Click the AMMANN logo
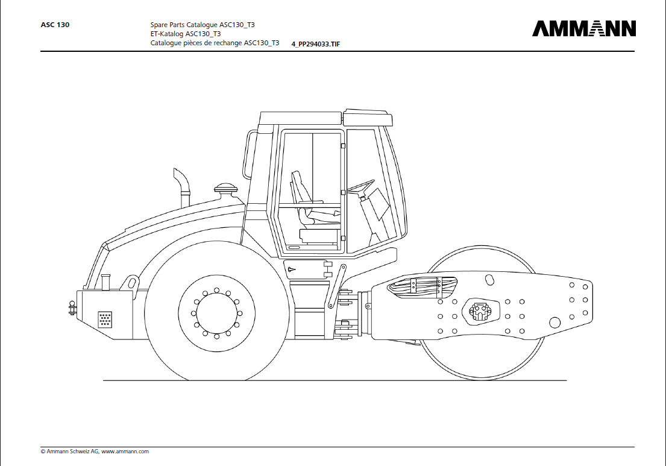pyautogui.click(x=584, y=28)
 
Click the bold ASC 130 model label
pyautogui.click(x=55, y=25)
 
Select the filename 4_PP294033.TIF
pyautogui.click(x=316, y=44)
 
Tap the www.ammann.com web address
pyautogui.click(x=125, y=452)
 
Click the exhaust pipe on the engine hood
pyautogui.click(x=182, y=187)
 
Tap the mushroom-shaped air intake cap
pyautogui.click(x=225, y=187)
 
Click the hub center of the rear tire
pyautogui.click(x=216, y=313)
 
